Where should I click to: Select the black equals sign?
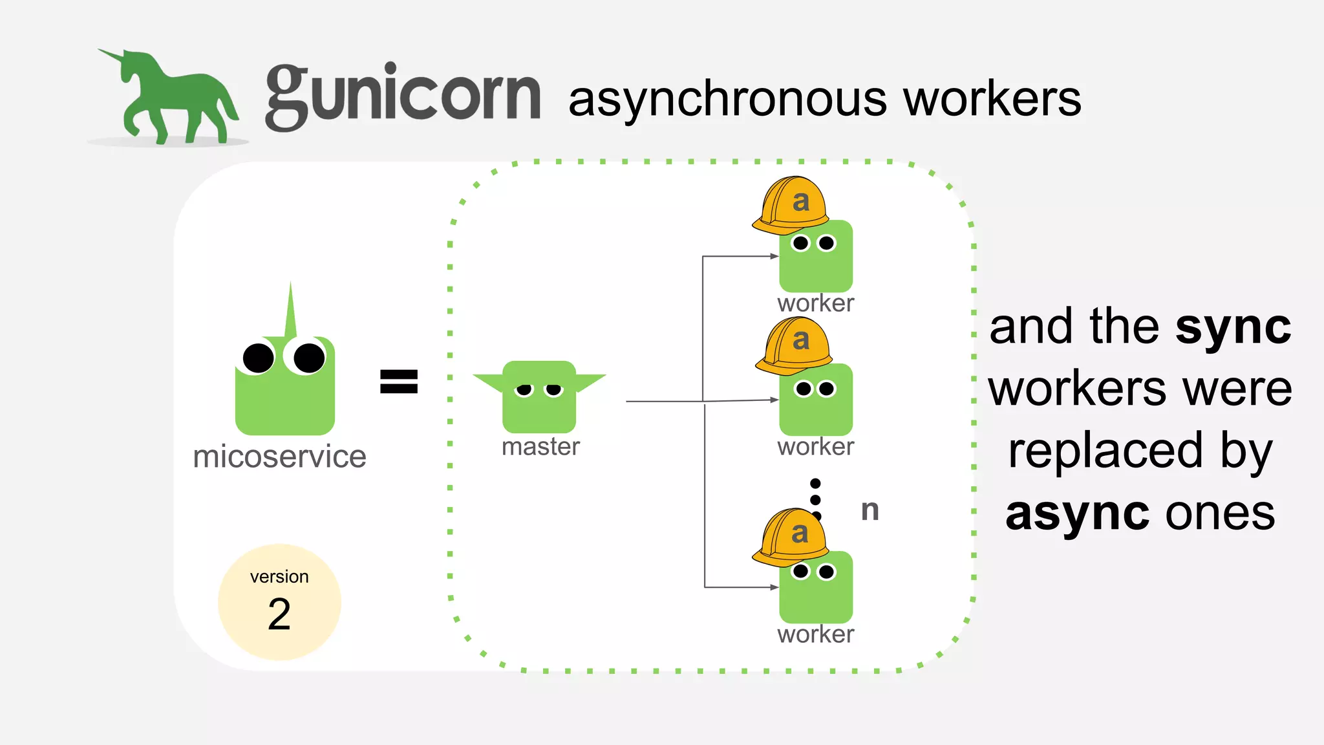(x=399, y=381)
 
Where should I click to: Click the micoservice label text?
(x=279, y=457)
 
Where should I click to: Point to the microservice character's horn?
(x=290, y=310)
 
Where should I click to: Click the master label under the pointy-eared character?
(x=540, y=447)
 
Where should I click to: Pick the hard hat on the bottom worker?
(x=791, y=537)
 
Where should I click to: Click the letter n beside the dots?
(x=870, y=510)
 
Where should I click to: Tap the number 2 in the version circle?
(x=279, y=614)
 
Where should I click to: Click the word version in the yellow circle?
(x=279, y=576)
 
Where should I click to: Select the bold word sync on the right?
(x=1233, y=327)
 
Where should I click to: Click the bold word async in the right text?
(x=1077, y=513)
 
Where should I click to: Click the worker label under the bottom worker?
(x=815, y=634)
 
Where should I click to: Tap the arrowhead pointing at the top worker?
(x=774, y=256)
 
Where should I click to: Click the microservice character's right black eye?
(x=308, y=358)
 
